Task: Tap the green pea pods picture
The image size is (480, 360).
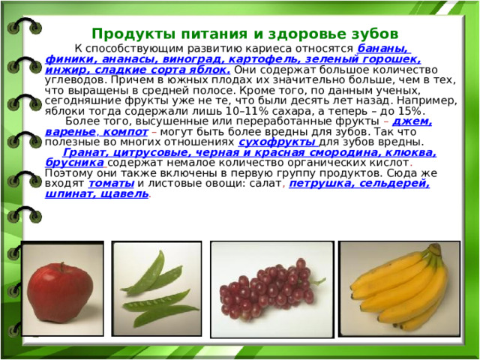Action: point(155,287)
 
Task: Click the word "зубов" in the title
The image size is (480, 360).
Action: point(369,34)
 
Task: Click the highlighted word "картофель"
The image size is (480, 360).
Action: point(251,60)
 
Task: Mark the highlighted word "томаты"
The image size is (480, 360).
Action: point(112,183)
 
